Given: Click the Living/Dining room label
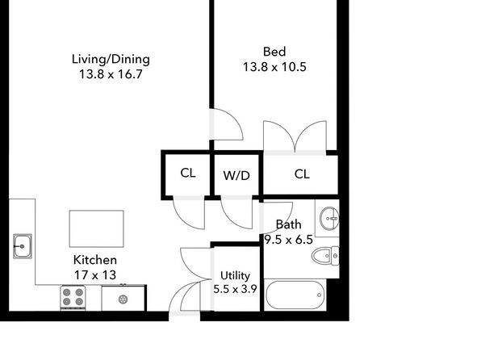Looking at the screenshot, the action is click(111, 59).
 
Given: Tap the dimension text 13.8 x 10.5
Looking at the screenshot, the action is click(274, 67).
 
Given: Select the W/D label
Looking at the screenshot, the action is click(236, 175).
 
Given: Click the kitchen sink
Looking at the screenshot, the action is click(23, 246).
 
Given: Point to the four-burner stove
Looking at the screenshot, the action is click(73, 297).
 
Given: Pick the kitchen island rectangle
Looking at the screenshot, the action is click(96, 228).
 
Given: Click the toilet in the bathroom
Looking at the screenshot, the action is click(325, 256).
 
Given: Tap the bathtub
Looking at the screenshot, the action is click(295, 295).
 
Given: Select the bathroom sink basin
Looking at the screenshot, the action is click(329, 218).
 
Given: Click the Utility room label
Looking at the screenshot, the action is click(235, 275).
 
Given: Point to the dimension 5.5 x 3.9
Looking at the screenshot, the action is click(235, 289).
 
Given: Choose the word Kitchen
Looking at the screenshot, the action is click(95, 260).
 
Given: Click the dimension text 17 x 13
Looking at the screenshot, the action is click(95, 275).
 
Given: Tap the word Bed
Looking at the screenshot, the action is click(274, 52).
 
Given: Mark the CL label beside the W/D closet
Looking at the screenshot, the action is click(188, 173).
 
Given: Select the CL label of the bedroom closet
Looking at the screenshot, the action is click(302, 174).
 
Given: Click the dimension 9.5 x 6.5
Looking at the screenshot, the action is click(289, 240).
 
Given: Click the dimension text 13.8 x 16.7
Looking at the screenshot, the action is click(111, 74).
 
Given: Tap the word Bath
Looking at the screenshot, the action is click(288, 224).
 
